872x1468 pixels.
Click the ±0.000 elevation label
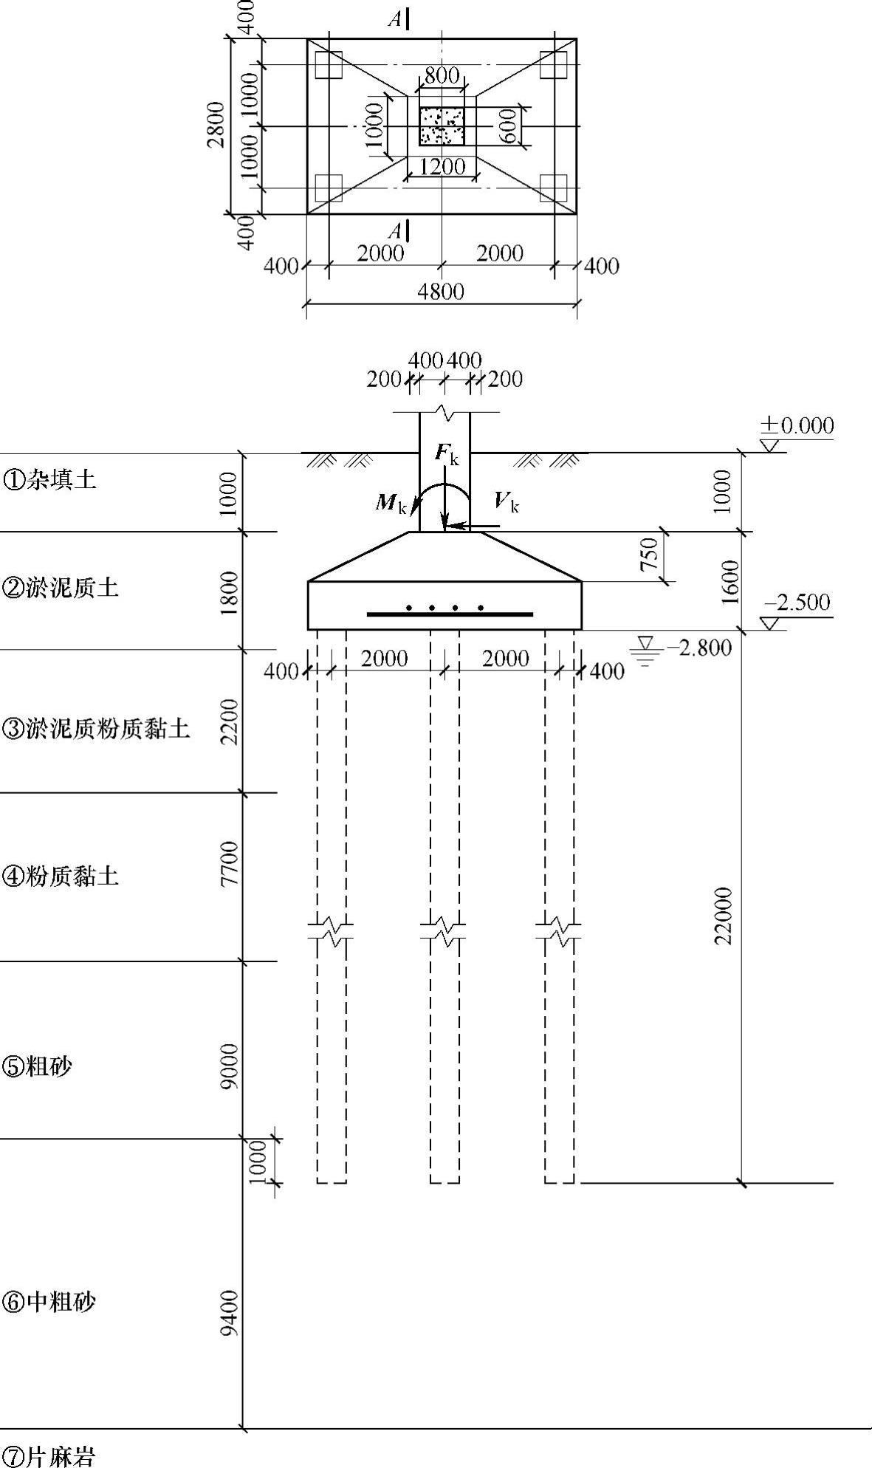pos(797,426)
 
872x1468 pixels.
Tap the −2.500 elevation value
pos(797,603)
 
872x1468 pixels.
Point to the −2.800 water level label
pos(698,648)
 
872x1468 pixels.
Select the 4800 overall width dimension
pos(441,292)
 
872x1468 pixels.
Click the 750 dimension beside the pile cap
pos(648,555)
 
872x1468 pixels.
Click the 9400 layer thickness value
pos(230,1312)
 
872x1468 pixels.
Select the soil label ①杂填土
pos(49,481)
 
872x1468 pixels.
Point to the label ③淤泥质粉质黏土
pos(96,729)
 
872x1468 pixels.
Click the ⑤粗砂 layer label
pos(38,1066)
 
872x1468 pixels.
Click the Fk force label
pos(447,454)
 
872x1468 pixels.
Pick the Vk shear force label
pos(507,502)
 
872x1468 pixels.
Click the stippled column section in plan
pos(442,126)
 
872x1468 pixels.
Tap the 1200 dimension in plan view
pos(442,167)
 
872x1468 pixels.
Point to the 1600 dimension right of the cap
pos(730,581)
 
